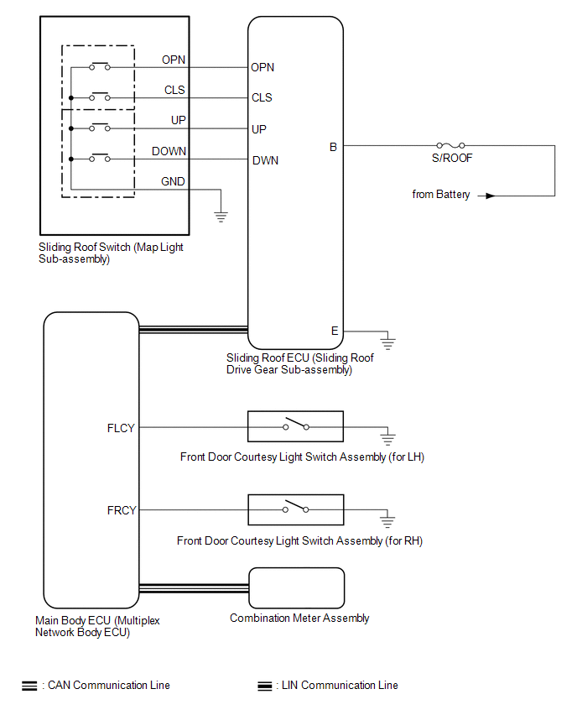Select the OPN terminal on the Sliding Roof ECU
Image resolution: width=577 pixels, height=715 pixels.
pyautogui.click(x=263, y=68)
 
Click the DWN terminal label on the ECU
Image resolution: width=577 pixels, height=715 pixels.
pyautogui.click(x=265, y=160)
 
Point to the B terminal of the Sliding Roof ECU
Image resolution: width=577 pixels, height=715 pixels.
pyautogui.click(x=333, y=147)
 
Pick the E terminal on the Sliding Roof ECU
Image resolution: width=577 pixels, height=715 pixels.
pyautogui.click(x=335, y=331)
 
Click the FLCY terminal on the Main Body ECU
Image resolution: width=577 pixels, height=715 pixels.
pyautogui.click(x=122, y=427)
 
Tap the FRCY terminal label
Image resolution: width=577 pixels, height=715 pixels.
pyautogui.click(x=122, y=510)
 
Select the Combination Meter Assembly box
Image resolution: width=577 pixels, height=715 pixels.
pyautogui.click(x=297, y=587)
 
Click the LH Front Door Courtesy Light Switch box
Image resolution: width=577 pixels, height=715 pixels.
pyautogui.click(x=295, y=426)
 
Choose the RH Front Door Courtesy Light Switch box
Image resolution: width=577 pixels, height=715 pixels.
pyautogui.click(x=295, y=510)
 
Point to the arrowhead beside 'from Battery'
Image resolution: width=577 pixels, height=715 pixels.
pyautogui.click(x=491, y=196)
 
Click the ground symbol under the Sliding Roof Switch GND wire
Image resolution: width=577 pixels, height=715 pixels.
pyautogui.click(x=221, y=217)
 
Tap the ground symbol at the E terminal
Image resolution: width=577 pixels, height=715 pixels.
pyautogui.click(x=388, y=342)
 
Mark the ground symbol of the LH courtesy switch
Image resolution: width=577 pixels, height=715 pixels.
pyautogui.click(x=387, y=437)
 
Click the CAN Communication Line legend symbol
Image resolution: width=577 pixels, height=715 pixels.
pyautogui.click(x=29, y=686)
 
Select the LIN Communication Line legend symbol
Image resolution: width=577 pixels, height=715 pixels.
pyautogui.click(x=265, y=686)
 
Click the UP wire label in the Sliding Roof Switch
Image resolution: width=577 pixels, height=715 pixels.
pyautogui.click(x=178, y=121)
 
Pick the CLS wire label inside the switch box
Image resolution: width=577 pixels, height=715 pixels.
pyautogui.click(x=175, y=90)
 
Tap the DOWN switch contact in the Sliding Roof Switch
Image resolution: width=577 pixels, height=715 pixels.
pyautogui.click(x=101, y=159)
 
